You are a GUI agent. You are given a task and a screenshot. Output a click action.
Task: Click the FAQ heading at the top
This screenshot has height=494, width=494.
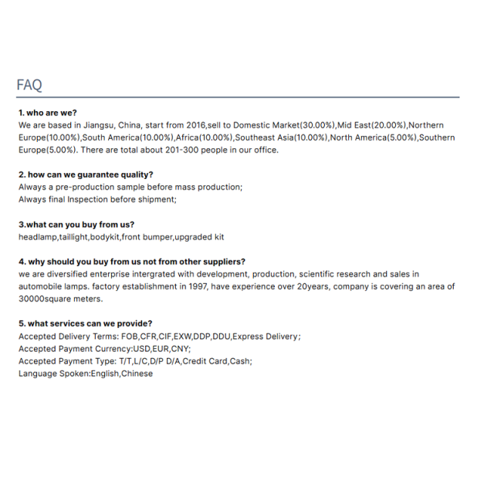coord(29,85)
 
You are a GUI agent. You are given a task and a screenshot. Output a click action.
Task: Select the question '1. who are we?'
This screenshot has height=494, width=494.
coord(48,113)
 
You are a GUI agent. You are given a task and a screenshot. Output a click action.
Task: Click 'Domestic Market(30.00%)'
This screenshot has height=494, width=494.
coord(285,125)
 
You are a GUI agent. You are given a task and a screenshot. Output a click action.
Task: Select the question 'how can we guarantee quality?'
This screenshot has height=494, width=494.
coord(90,174)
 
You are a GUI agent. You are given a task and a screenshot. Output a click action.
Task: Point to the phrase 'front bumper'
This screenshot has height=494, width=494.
coord(147,237)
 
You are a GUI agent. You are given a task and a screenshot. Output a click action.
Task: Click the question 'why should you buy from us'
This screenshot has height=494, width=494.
coord(108,262)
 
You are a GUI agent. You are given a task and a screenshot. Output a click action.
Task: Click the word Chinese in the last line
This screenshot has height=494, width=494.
coord(137,374)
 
